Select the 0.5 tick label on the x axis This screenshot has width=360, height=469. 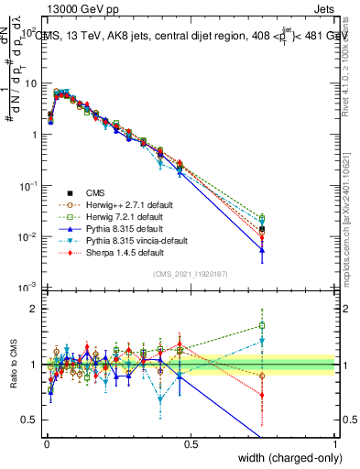click(191, 443)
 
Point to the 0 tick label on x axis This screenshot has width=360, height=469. click(46, 443)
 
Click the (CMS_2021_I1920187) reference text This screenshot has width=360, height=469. click(191, 274)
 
